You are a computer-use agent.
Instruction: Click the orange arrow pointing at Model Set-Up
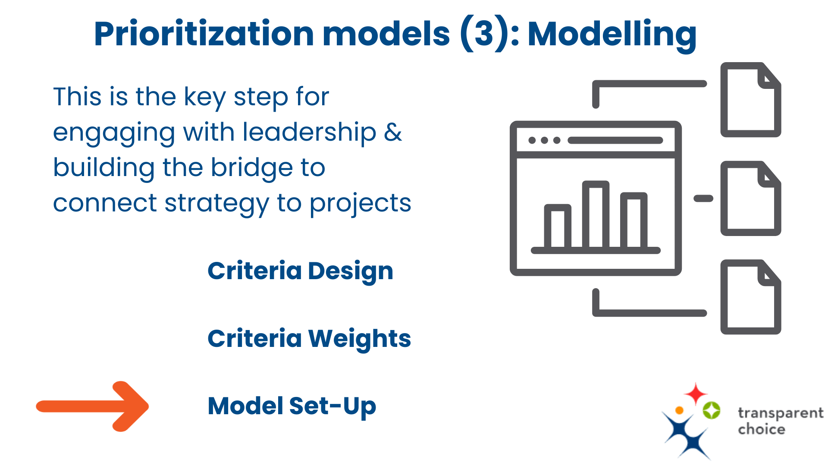pos(92,406)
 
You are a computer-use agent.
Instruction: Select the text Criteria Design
pos(301,271)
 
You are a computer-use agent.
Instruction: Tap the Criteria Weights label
pos(309,339)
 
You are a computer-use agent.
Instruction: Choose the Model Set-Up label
pos(292,406)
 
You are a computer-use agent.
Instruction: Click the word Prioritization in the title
pos(204,34)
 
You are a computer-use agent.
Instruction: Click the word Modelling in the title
pos(612,35)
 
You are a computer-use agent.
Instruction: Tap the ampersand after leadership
pos(393,132)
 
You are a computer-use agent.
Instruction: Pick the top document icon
pos(751,100)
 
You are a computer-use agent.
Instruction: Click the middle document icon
pos(751,198)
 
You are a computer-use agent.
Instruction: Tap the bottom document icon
pos(751,297)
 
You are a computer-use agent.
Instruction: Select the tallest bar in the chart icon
pos(596,214)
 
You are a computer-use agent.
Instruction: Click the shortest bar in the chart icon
pos(558,227)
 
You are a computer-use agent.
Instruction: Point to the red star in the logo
pos(696,394)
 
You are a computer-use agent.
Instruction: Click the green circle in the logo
pos(712,410)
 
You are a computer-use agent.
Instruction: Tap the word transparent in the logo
pos(781,413)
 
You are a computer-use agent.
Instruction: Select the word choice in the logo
pos(762,429)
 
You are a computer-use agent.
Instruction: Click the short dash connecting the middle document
pos(703,198)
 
